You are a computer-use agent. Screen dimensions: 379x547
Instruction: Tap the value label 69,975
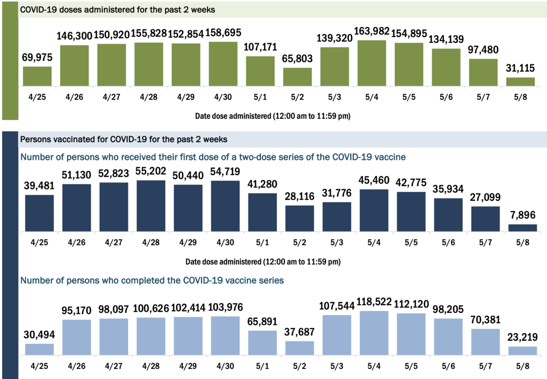(x=37, y=57)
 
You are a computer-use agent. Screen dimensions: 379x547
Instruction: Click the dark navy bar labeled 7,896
(x=522, y=228)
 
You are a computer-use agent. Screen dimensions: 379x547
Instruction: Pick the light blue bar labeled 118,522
(x=374, y=333)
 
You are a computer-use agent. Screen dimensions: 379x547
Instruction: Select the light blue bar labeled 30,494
(x=40, y=349)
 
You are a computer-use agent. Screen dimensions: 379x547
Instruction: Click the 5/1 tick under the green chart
(x=260, y=97)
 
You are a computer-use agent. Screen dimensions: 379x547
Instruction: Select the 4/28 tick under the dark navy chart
(x=151, y=243)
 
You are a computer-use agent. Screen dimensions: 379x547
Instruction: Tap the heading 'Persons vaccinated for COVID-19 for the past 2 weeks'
(x=124, y=140)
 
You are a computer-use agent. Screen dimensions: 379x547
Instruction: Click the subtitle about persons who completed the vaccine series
(x=152, y=281)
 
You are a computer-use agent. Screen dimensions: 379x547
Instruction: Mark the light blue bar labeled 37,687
(x=300, y=348)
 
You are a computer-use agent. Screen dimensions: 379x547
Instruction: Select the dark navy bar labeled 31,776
(x=337, y=217)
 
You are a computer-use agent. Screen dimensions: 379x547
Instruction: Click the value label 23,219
(x=522, y=338)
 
